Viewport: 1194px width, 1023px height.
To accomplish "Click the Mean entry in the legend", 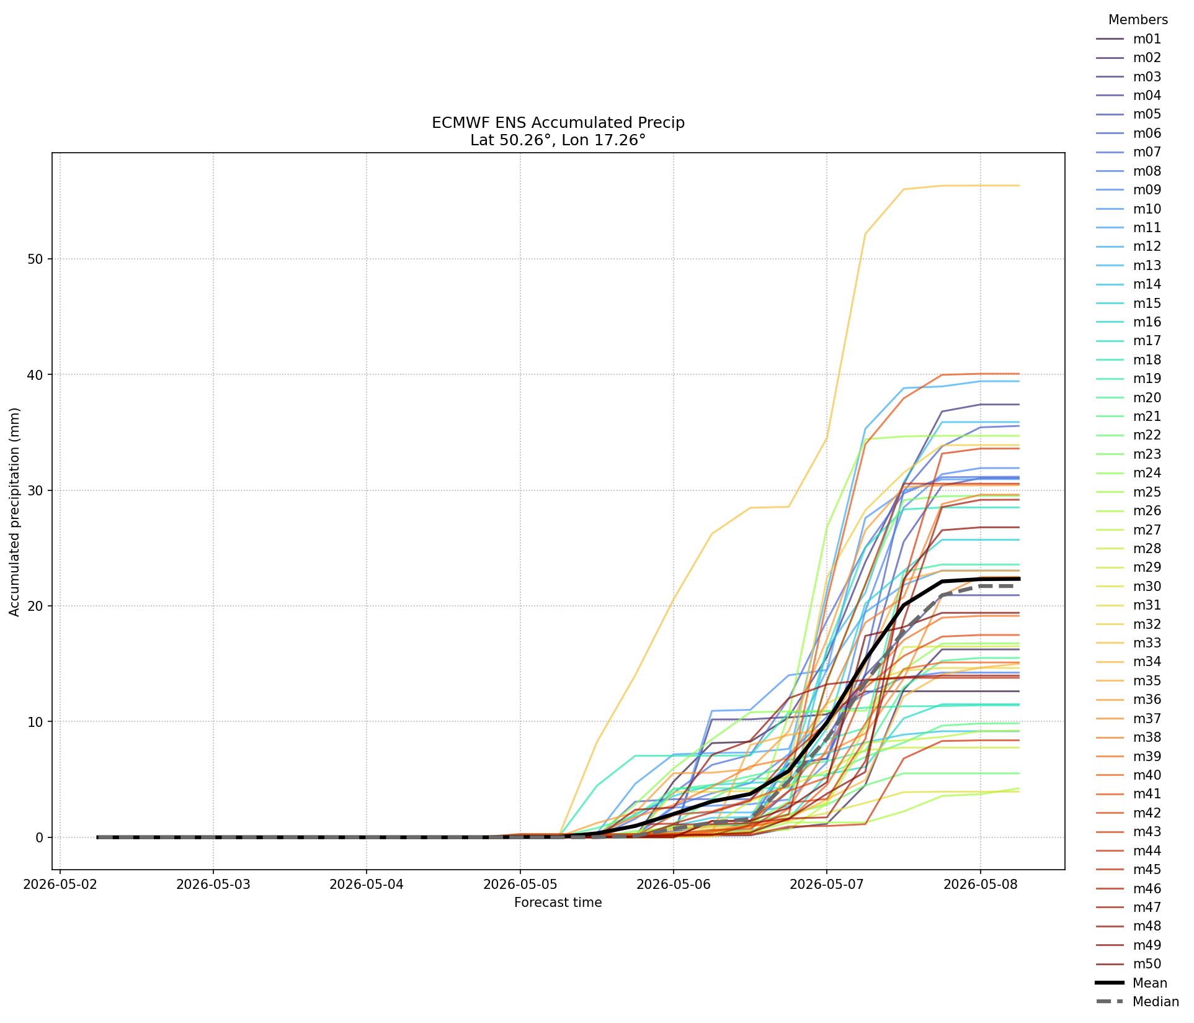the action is [x=1132, y=983].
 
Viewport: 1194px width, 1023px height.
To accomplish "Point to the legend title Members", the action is [x=1138, y=20].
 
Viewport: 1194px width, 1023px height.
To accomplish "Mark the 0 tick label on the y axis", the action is [x=40, y=837].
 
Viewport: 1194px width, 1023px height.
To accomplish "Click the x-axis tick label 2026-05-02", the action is [x=60, y=884].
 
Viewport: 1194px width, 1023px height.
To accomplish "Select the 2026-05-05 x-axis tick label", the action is [x=520, y=884].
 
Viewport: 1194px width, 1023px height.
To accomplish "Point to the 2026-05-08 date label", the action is [x=980, y=884].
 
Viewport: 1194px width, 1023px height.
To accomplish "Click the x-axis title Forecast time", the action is [x=558, y=903].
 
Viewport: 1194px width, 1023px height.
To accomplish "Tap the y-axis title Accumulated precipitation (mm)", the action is [x=15, y=512].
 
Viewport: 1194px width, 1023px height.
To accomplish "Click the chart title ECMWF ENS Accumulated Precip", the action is [x=558, y=123].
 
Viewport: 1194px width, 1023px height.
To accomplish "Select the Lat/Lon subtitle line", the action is [x=558, y=140].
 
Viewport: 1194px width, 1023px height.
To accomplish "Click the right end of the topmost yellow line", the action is [x=1019, y=186].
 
